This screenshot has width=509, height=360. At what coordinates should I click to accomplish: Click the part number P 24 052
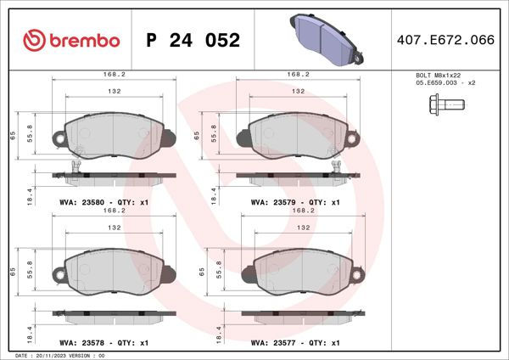point(193,41)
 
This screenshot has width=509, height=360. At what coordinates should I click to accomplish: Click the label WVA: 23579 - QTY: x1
point(295,203)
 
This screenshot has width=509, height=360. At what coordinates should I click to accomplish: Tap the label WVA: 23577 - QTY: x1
point(295,343)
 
